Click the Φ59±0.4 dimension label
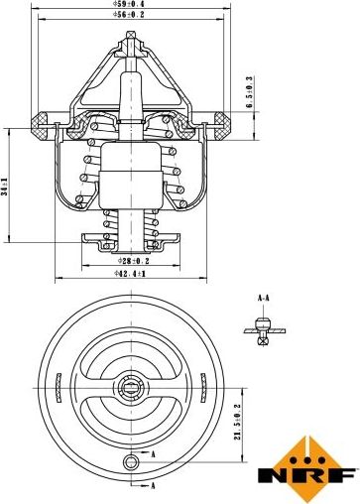[x=129, y=4]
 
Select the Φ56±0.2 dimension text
[x=129, y=14]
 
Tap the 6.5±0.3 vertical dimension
[x=249, y=91]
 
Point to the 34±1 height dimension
[x=5, y=187]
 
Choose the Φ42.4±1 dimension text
[x=130, y=273]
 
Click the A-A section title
[x=264, y=298]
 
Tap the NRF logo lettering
[x=308, y=475]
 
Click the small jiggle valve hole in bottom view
[x=131, y=461]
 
